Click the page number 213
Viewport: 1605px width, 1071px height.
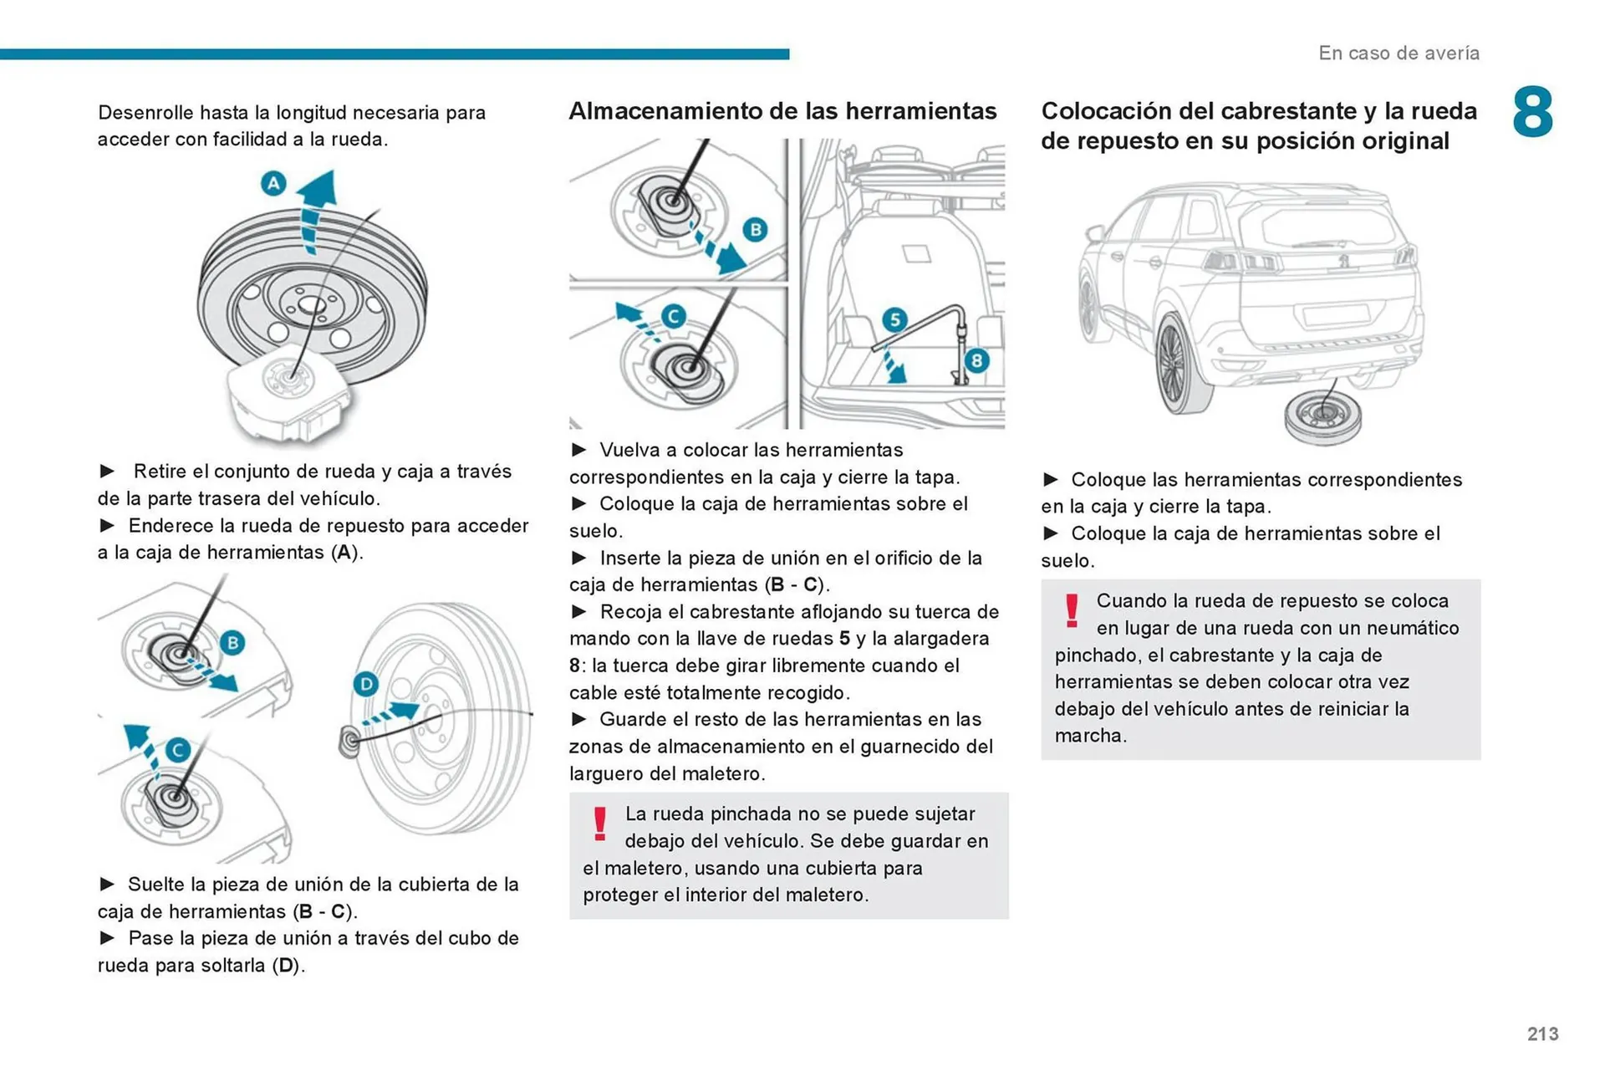pyautogui.click(x=1542, y=1034)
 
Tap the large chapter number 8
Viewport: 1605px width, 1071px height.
pyautogui.click(x=1532, y=112)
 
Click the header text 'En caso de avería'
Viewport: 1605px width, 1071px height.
pyautogui.click(x=1399, y=54)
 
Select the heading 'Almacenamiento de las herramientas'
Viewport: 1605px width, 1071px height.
pyautogui.click(x=782, y=111)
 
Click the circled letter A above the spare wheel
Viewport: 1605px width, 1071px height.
pyautogui.click(x=273, y=183)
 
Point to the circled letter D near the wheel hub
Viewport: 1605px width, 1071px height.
pyautogui.click(x=365, y=684)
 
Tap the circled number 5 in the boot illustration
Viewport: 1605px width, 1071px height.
pyautogui.click(x=894, y=319)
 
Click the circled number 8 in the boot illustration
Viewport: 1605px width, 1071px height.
pyautogui.click(x=976, y=360)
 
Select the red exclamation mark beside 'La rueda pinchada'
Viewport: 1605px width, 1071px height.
pyautogui.click(x=599, y=824)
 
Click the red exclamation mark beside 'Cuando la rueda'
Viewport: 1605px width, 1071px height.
pyautogui.click(x=1072, y=610)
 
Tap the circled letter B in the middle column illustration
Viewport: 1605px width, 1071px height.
pyautogui.click(x=755, y=229)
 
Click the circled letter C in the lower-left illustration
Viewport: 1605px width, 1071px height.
pyautogui.click(x=177, y=750)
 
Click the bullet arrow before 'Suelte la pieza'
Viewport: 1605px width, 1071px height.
pyautogui.click(x=107, y=885)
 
